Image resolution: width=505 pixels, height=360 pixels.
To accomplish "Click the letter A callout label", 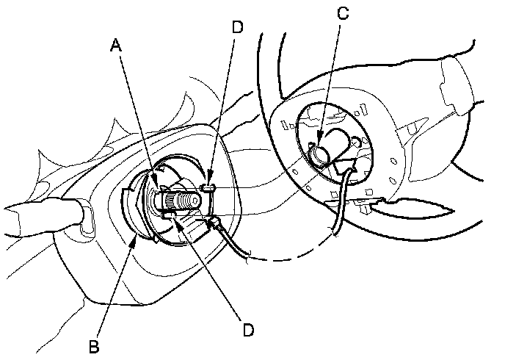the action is (115, 46).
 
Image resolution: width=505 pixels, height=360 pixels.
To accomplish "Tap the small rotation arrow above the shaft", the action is (163, 170).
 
